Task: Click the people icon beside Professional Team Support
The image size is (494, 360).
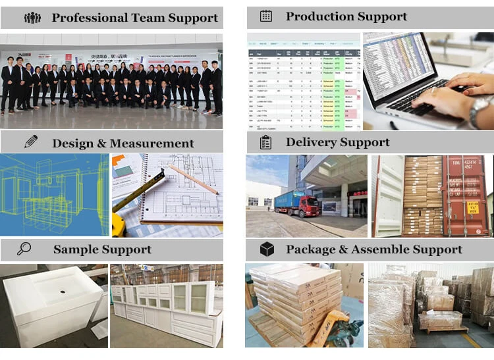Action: coord(32,18)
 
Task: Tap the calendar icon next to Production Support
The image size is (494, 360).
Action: coord(265,16)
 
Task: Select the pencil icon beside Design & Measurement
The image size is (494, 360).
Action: coord(31,141)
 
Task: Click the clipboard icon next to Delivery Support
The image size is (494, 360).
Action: coord(265,142)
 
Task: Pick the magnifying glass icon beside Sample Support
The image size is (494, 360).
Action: coord(24,249)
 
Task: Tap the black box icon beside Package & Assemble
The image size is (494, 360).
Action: coord(267,249)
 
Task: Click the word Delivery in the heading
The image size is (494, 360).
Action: coord(310,142)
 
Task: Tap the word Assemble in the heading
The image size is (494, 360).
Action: coord(386,249)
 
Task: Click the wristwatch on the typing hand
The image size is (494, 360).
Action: coord(479,105)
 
